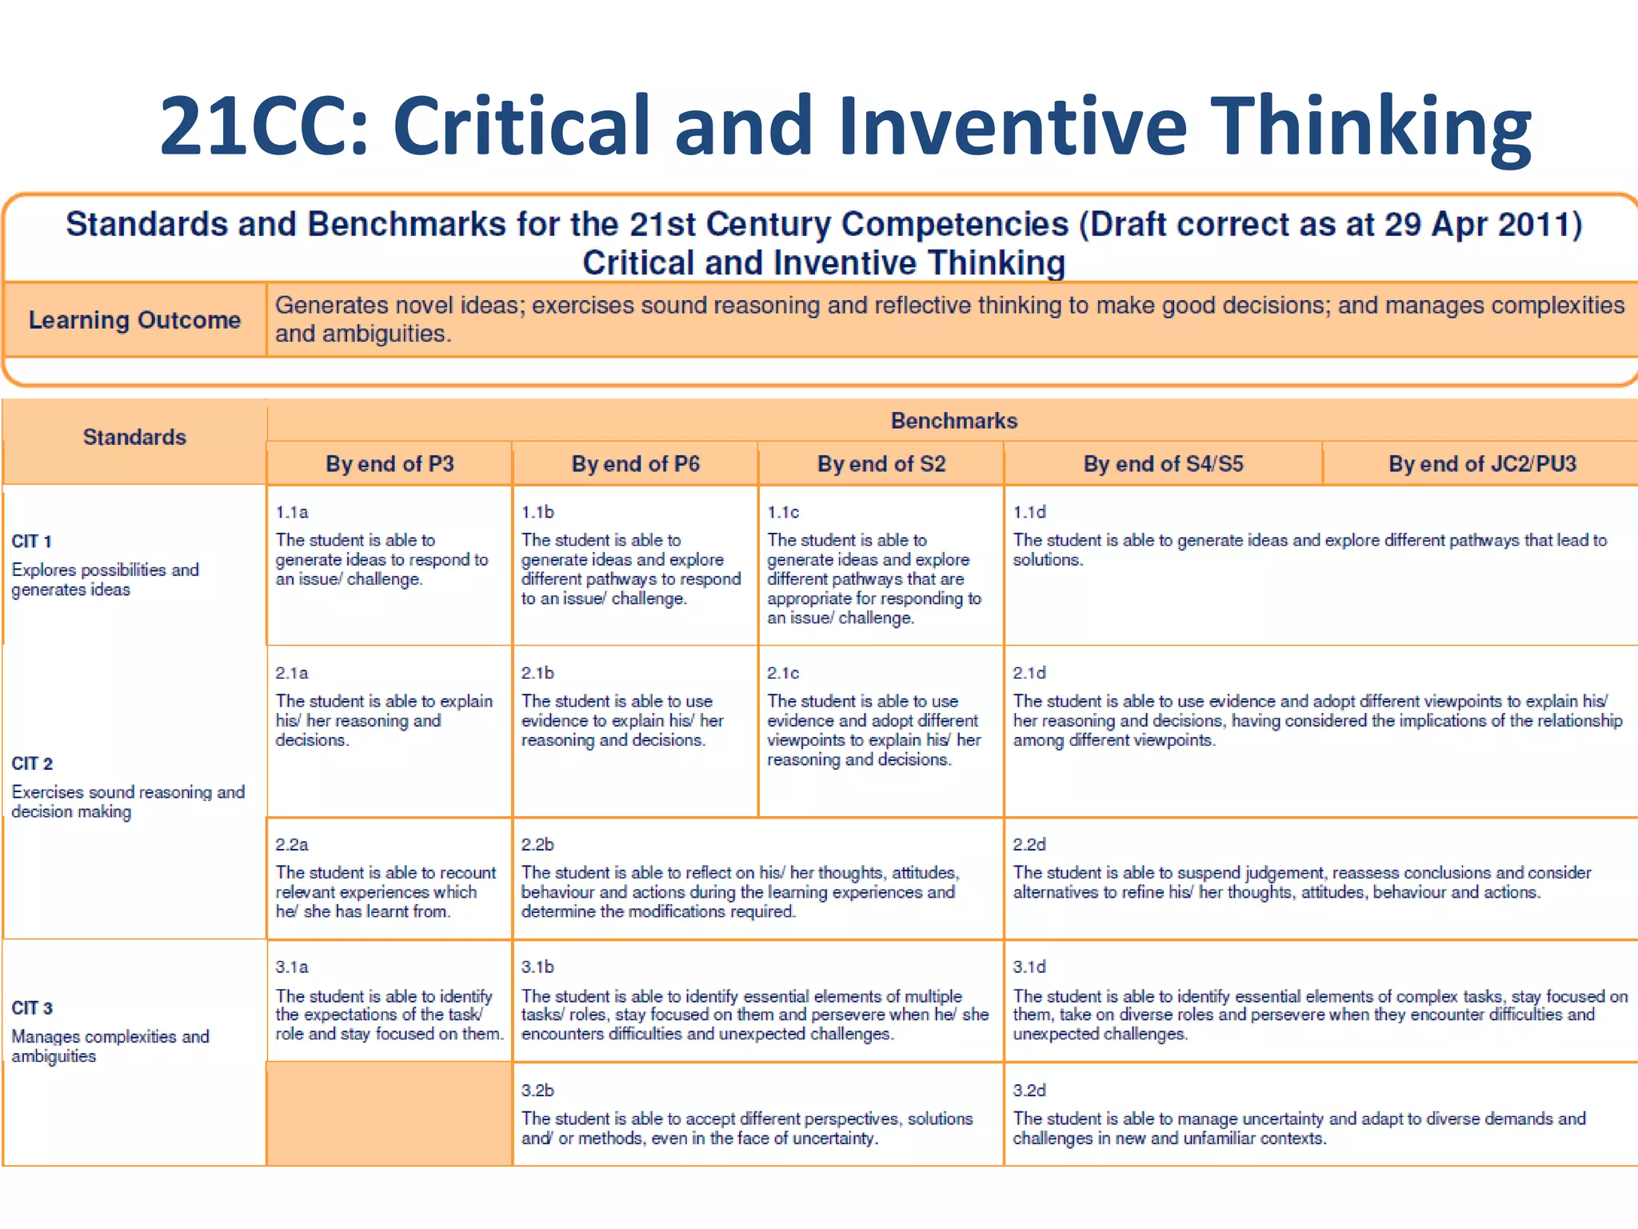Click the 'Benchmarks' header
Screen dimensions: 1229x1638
pos(953,421)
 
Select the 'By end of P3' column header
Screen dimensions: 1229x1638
pos(390,464)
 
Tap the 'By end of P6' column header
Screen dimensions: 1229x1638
pos(635,464)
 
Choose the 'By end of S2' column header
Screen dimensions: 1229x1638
pos(881,464)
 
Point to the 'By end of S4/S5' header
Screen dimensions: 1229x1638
pos(1163,464)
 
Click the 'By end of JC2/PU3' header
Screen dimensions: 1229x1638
pos(1481,464)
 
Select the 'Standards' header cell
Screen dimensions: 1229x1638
pos(134,437)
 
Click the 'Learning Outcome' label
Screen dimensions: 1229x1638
pos(134,320)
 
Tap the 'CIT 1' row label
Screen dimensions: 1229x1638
pos(32,542)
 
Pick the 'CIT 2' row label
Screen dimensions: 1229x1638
pos(32,764)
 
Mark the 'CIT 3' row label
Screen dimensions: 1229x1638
pos(32,1008)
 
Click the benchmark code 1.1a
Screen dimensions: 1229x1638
pos(292,512)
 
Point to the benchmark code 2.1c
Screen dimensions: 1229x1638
pos(783,673)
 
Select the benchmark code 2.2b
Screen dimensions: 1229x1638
pos(537,845)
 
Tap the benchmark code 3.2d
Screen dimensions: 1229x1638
pos(1029,1091)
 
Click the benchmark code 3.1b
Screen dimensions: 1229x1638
pos(537,967)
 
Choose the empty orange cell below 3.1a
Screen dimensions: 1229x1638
pos(390,1114)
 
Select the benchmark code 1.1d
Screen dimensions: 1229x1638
pos(1029,512)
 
